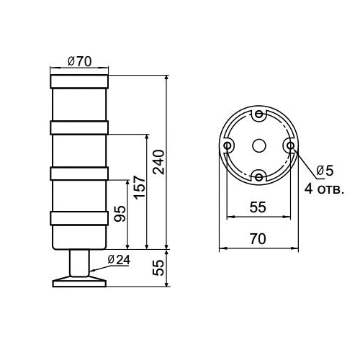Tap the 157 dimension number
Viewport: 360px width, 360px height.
141,187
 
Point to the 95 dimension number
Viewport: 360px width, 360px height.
120,213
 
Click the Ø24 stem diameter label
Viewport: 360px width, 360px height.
117,260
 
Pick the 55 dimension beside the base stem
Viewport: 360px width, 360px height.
159,269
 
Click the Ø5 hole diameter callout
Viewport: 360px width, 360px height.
325,170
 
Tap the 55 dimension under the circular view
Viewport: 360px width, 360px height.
258,207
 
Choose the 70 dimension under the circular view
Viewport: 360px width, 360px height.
258,238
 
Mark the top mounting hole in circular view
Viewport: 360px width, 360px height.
258,115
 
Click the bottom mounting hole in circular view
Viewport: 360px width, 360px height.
258,176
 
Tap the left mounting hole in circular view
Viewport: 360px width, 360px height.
228,145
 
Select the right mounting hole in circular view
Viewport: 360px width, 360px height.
289,145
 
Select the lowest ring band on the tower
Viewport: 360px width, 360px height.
79,219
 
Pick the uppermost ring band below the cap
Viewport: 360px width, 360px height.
79,127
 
